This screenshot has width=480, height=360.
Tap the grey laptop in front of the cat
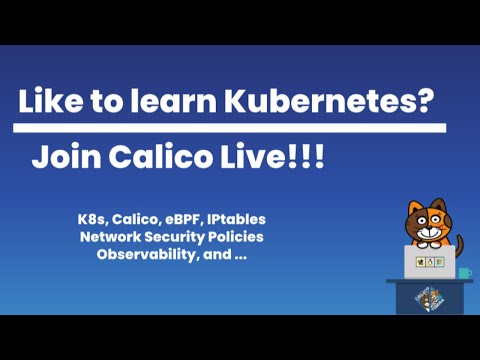tap(430, 262)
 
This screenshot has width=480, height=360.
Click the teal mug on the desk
tap(465, 271)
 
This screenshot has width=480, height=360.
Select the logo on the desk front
tap(426, 299)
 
